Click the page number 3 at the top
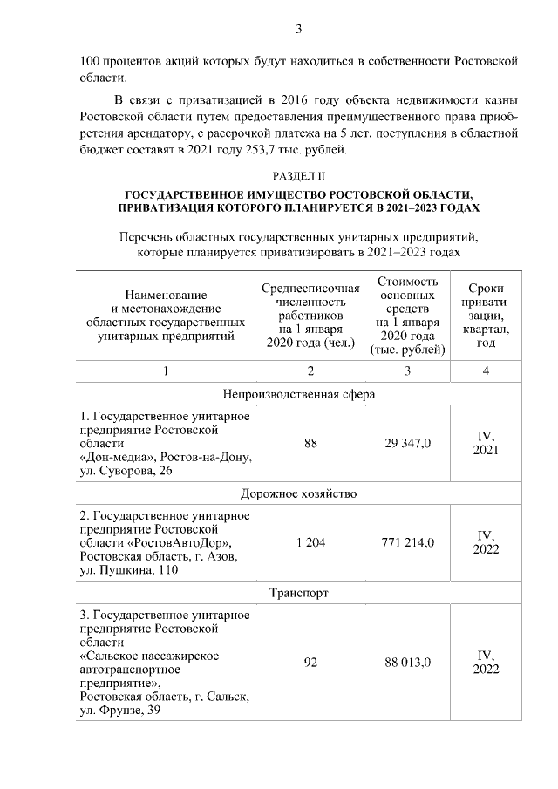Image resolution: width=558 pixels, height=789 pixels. [x=299, y=30]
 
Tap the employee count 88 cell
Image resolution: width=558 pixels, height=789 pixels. [x=310, y=444]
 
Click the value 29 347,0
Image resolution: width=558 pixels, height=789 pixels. [x=408, y=444]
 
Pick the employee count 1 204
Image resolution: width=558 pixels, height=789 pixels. [x=310, y=542]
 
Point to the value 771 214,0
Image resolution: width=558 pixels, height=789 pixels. [x=408, y=542]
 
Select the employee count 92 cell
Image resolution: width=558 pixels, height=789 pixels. [x=310, y=662]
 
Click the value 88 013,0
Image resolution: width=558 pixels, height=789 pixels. [x=408, y=662]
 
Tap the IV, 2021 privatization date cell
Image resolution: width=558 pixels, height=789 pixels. [x=486, y=443]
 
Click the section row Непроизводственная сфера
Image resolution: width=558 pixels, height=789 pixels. [x=298, y=393]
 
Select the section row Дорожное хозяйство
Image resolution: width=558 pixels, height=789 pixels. [x=298, y=493]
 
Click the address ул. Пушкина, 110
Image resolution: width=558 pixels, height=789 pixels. [x=128, y=570]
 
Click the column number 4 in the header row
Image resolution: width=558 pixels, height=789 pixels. [x=486, y=371]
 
